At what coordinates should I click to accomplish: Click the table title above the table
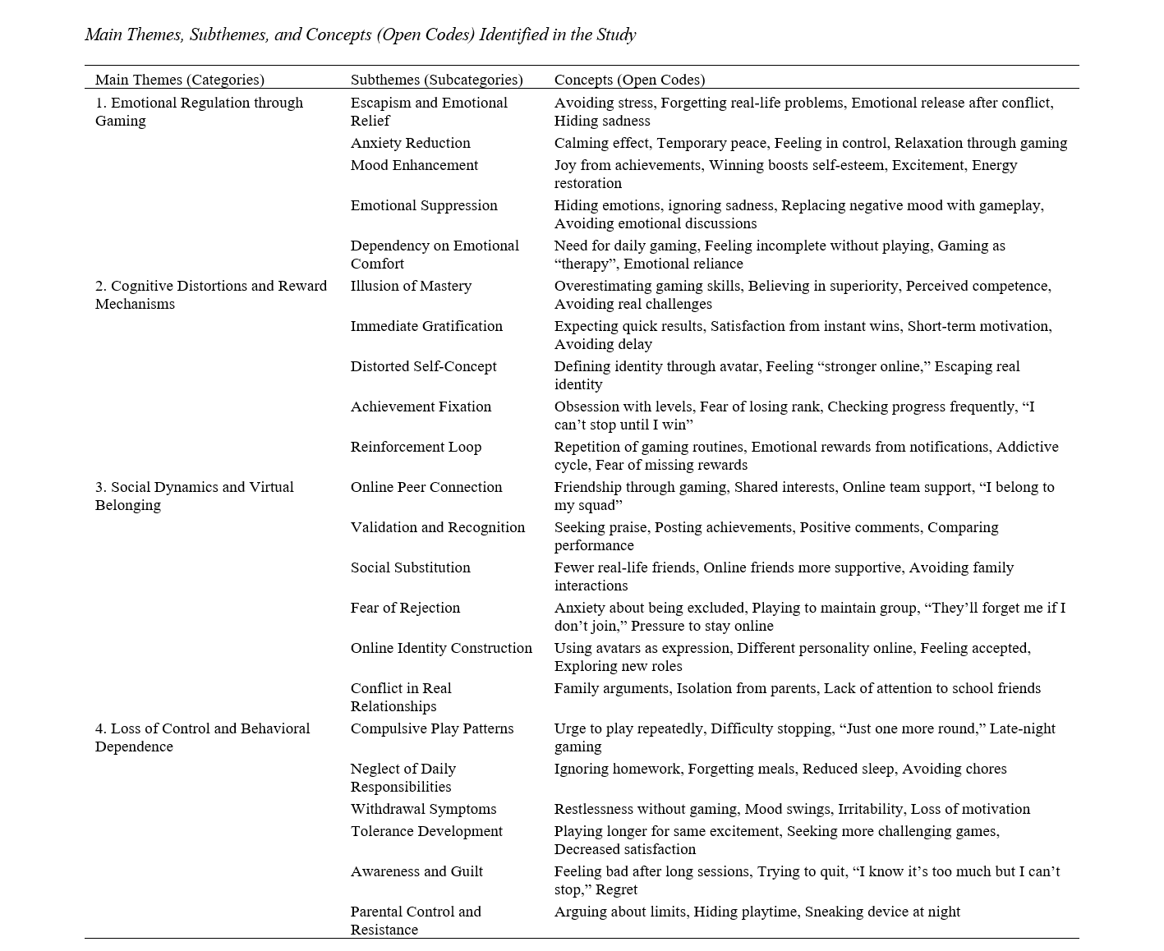[360, 34]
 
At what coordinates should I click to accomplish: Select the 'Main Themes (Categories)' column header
[179, 80]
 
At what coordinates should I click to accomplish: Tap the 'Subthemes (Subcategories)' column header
[436, 80]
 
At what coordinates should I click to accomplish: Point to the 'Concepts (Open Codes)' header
[629, 80]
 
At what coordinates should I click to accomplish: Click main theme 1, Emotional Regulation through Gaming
[199, 112]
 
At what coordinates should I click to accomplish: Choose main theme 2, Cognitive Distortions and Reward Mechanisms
[210, 295]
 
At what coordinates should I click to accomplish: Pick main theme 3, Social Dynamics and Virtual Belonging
[194, 496]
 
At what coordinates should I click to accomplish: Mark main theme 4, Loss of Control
[202, 737]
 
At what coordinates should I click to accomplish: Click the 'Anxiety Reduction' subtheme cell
[410, 143]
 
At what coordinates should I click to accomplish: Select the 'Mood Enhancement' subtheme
[414, 165]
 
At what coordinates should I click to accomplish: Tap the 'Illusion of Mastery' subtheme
[411, 286]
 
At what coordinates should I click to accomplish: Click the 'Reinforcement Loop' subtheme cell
[416, 447]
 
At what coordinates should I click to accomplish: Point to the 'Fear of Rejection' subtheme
[405, 608]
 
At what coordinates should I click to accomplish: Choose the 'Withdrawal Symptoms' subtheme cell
[423, 809]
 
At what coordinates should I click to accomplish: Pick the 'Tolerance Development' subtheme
[426, 831]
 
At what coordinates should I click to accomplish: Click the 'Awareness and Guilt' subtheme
[416, 871]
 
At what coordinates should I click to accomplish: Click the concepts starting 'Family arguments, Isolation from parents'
[797, 688]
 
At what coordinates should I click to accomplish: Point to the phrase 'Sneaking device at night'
[882, 912]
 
